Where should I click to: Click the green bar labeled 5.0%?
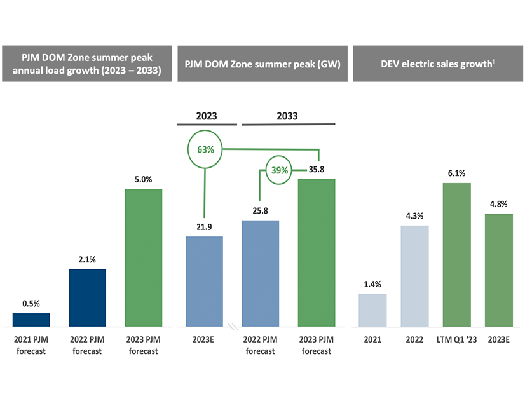point(144,257)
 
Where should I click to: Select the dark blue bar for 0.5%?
point(31,319)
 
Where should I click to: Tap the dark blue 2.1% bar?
point(87,297)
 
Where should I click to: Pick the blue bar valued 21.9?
point(204,281)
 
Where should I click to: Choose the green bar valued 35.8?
point(316,252)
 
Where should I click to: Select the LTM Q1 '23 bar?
point(456,254)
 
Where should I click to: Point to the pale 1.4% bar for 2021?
point(372,309)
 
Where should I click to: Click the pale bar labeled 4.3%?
point(414,276)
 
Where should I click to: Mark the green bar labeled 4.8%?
point(498,269)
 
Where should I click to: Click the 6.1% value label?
point(456,173)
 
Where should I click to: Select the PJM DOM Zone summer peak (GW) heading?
point(262,64)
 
